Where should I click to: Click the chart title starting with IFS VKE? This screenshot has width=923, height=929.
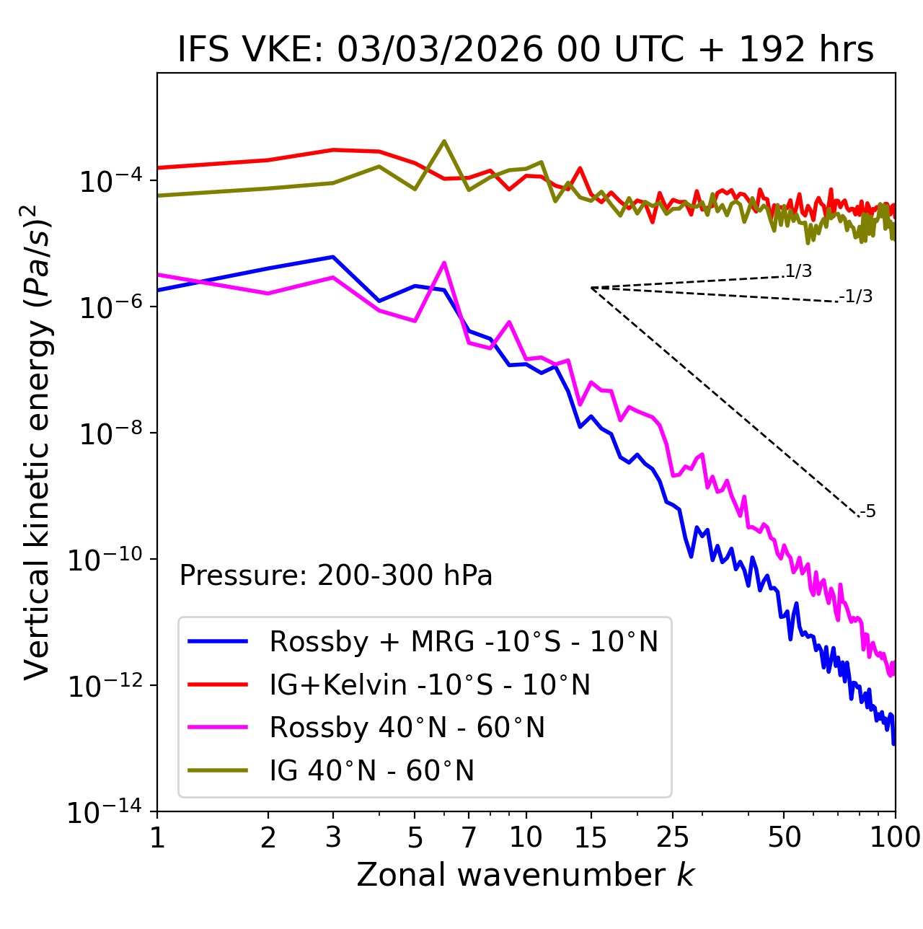[526, 50]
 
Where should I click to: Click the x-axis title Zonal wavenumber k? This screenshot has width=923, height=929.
[526, 875]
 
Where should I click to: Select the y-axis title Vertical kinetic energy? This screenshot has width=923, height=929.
[37, 441]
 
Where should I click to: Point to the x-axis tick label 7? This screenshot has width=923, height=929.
[469, 837]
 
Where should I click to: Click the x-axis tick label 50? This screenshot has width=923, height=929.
[784, 837]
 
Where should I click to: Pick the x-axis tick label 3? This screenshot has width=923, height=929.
[333, 837]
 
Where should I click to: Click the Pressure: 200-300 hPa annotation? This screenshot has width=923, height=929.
[336, 576]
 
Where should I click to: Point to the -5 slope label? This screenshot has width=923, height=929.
[868, 511]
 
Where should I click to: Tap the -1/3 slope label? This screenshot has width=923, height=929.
[857, 296]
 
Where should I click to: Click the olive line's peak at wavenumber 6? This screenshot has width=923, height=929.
[444, 141]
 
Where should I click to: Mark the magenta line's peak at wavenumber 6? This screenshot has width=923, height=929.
[444, 263]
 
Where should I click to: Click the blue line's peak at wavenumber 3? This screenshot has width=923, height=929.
[333, 257]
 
